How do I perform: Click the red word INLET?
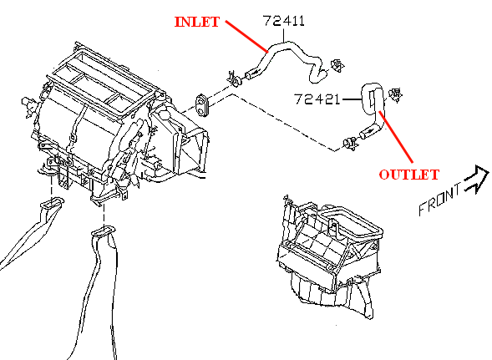(x=197, y=22)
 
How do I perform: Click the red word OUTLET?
(x=408, y=175)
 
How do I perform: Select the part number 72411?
(x=284, y=21)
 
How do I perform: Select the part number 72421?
(x=317, y=99)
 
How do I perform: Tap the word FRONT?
(x=440, y=199)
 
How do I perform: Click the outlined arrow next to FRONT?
(x=476, y=180)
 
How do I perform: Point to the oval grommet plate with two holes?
(x=202, y=105)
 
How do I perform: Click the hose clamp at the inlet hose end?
(x=235, y=79)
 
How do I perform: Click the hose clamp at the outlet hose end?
(x=351, y=144)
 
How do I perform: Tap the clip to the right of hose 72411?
(x=337, y=66)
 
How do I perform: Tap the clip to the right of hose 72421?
(x=395, y=95)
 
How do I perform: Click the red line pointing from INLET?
(x=246, y=37)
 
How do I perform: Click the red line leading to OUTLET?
(x=396, y=137)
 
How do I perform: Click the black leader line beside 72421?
(x=352, y=99)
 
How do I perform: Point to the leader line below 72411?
(x=284, y=35)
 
